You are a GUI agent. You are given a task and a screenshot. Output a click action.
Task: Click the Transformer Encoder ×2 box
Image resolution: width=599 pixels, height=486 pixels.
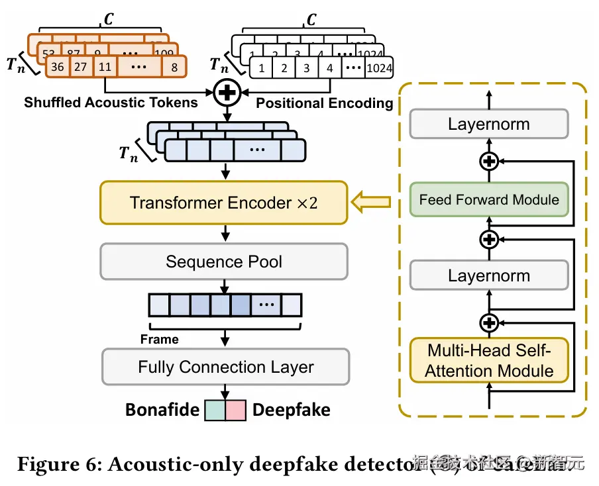pos(223,203)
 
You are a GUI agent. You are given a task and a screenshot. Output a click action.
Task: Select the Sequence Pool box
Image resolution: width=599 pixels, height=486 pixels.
pos(223,261)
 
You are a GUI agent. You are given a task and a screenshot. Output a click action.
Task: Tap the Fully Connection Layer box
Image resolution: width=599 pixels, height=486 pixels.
pos(225,367)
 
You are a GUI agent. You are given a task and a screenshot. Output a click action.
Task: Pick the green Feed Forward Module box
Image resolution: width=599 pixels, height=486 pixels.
pos(489,200)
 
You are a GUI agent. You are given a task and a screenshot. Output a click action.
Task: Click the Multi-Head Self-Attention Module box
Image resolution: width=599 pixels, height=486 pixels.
pos(489,360)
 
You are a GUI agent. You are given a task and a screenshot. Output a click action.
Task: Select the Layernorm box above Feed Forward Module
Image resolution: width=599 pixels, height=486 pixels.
pos(489,124)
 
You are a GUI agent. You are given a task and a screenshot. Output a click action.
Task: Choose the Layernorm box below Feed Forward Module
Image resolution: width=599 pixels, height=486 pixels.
pos(489,275)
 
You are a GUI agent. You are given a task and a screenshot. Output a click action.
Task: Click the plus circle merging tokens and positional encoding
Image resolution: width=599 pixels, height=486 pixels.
pos(227,93)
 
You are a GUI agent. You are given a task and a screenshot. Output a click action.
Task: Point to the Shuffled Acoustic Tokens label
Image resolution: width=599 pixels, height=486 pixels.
pos(111,103)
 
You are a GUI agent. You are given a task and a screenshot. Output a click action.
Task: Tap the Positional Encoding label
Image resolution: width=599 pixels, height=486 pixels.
pos(325,103)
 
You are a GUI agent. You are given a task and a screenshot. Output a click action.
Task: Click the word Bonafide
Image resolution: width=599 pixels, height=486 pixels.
pos(162,410)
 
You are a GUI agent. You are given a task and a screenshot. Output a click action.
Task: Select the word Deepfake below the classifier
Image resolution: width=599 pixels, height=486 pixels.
pos(292,410)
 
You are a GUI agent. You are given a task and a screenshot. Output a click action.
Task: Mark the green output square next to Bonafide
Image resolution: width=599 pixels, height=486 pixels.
pos(215,410)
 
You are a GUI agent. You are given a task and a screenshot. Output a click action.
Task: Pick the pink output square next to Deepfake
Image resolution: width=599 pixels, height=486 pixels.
pos(237,410)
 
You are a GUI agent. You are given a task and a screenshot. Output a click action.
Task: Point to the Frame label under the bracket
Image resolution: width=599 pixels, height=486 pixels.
pos(160,340)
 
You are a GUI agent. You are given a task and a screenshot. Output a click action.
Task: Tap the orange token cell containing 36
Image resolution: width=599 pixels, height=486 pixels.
pos(58,67)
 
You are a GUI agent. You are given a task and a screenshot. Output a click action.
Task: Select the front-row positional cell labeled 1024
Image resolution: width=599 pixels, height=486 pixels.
pos(378,68)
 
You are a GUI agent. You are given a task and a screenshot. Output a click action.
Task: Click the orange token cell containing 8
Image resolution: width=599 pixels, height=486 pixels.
pos(174,67)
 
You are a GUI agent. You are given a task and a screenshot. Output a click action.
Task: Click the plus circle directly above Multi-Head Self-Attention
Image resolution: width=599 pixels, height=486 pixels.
pos(489,322)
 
